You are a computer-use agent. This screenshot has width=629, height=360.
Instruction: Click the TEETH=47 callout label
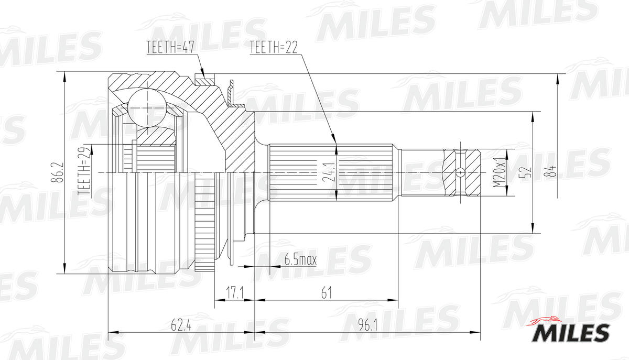point(170,48)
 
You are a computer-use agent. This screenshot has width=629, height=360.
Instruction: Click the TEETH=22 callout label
point(273,48)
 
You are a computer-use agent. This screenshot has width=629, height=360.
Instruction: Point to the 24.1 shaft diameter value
point(328,172)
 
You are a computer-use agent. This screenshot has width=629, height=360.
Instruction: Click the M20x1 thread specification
point(500,172)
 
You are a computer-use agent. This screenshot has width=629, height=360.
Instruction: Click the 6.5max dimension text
point(300,259)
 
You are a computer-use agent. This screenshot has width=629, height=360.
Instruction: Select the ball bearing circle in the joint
point(147,107)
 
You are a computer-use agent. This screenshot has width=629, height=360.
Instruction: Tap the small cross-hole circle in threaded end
point(460,172)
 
